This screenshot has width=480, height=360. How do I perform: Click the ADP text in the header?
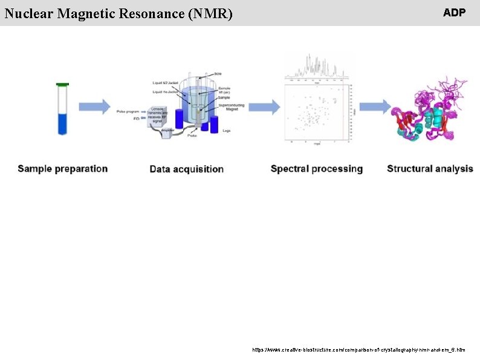[x=454, y=13]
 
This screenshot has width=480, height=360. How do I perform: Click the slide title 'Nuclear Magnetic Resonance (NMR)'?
[x=118, y=13]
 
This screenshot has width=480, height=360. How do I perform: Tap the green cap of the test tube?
[x=62, y=84]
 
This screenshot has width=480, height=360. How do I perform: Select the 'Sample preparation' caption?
[x=63, y=169]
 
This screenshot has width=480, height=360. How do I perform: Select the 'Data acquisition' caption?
[x=187, y=169]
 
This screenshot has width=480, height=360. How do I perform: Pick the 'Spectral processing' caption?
[x=317, y=169]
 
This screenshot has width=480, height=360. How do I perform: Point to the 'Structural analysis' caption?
[x=430, y=169]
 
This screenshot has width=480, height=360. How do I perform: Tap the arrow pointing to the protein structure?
[x=375, y=107]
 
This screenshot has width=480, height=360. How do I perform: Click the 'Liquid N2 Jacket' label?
[x=164, y=82]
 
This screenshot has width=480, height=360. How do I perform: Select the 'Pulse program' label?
[x=130, y=113]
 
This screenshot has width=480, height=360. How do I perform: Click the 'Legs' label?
[x=227, y=129]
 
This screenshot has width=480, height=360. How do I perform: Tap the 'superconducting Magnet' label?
[x=228, y=106]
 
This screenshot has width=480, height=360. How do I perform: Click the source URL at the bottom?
[x=359, y=350]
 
